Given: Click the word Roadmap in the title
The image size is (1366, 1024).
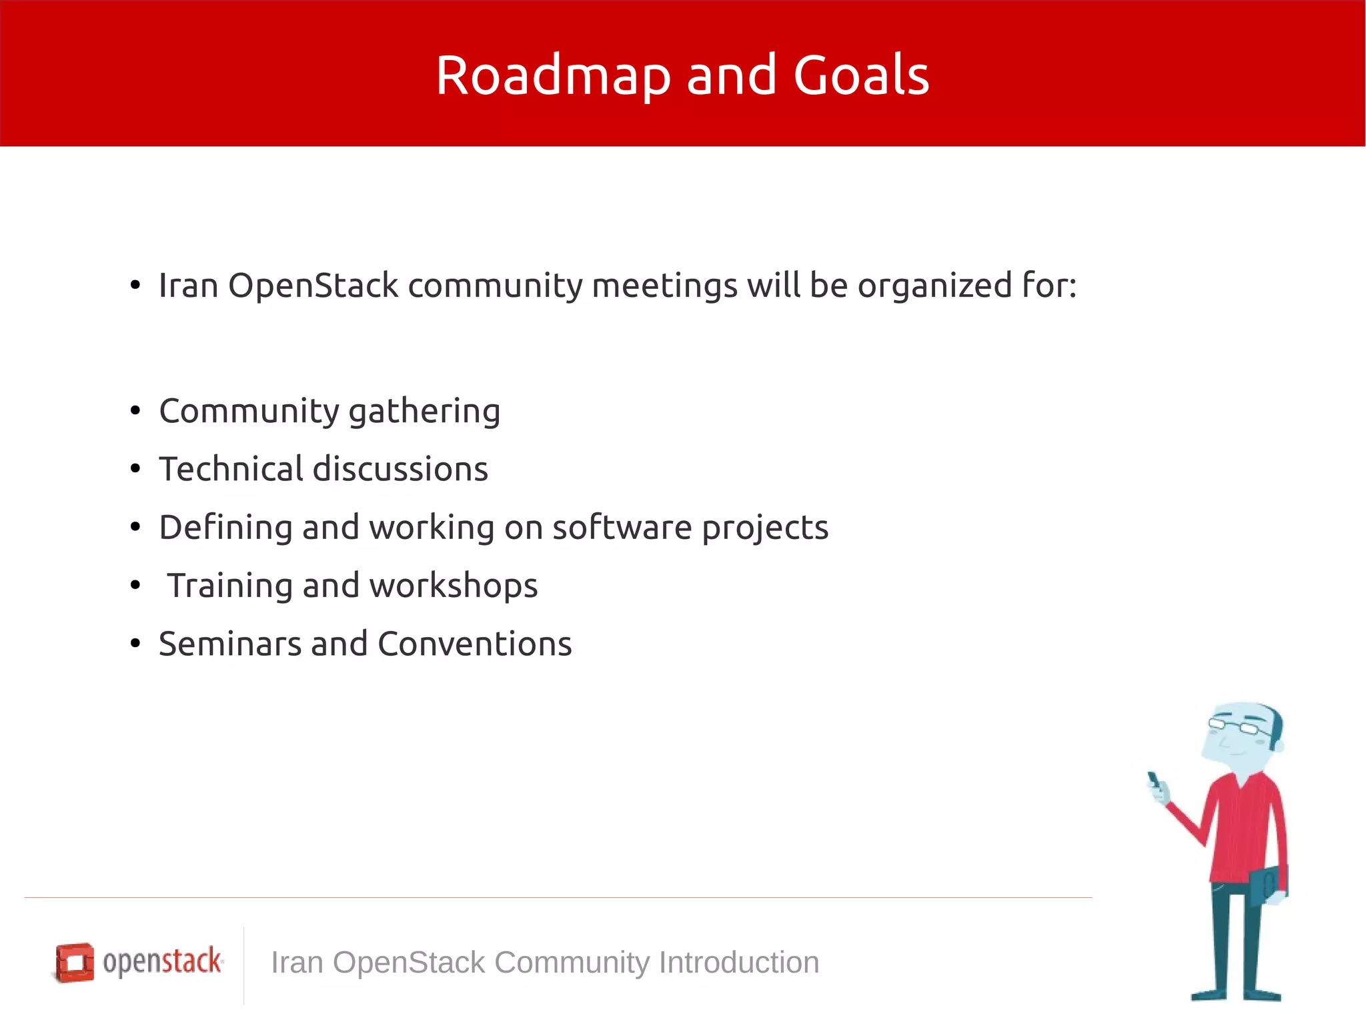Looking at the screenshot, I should click(552, 75).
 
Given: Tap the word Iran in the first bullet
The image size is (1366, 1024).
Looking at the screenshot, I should click(189, 286).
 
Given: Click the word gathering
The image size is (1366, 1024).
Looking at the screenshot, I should click(424, 412).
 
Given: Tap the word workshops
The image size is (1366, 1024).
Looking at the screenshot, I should click(453, 586).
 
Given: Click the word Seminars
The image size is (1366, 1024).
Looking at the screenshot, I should click(229, 644).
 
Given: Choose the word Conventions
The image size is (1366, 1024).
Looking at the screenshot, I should click(474, 644).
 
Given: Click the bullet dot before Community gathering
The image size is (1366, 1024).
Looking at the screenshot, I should click(135, 411).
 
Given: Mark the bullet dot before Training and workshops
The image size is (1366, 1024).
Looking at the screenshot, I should click(135, 586).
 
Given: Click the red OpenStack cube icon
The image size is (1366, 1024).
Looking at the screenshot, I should click(74, 962).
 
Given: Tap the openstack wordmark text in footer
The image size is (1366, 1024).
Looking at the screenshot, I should click(162, 961).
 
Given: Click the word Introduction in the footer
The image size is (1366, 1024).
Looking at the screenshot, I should click(738, 963).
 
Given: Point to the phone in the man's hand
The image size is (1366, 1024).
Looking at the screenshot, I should click(1154, 781).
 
